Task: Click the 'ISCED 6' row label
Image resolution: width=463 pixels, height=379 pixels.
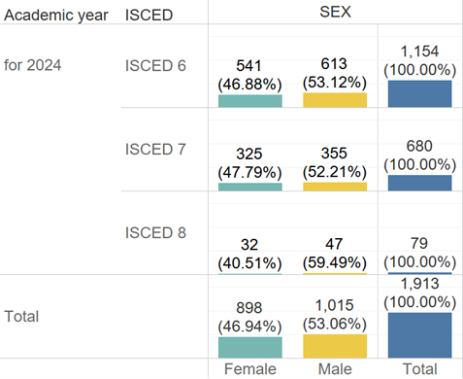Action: [x=156, y=65]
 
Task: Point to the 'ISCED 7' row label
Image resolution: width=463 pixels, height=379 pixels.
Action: [x=156, y=149]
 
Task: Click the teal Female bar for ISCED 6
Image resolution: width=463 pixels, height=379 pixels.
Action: [x=249, y=100]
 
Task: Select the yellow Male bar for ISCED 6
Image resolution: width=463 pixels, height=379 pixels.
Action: [x=335, y=100]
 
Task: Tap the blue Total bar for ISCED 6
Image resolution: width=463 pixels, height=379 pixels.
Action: [x=419, y=93]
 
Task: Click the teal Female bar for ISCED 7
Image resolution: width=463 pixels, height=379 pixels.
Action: [x=249, y=186]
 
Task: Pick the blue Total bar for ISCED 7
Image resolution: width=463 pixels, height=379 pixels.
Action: [x=419, y=183]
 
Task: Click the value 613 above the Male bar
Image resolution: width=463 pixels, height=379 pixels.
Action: [x=335, y=65]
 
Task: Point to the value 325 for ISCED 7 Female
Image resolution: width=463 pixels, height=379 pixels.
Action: [x=249, y=154]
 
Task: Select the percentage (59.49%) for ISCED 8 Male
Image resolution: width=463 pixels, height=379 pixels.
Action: [x=335, y=262]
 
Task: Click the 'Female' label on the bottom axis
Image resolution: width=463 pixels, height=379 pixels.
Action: [x=249, y=370]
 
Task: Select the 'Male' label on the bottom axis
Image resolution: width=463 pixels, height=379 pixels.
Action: [x=335, y=370]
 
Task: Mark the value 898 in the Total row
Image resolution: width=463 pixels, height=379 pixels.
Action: [x=249, y=306]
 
